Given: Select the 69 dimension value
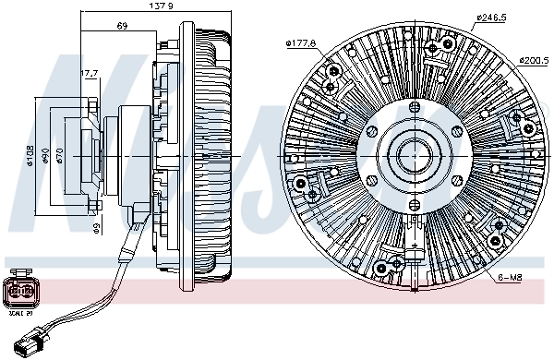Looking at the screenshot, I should (x=121, y=25).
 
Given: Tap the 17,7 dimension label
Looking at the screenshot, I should (x=90, y=73).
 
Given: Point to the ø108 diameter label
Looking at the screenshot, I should (x=30, y=154).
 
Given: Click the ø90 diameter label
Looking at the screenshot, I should (x=45, y=154).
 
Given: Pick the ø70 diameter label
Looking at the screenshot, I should (x=59, y=154).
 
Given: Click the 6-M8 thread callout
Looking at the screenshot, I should (x=509, y=276).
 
